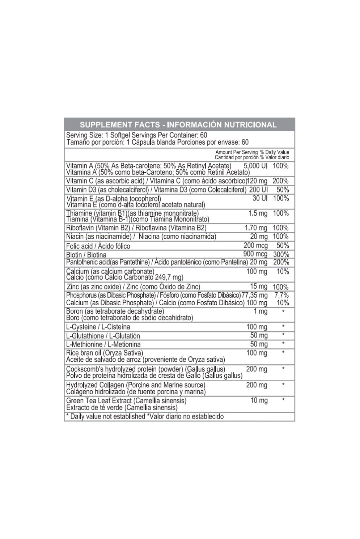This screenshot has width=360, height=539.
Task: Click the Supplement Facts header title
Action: (x=178, y=125)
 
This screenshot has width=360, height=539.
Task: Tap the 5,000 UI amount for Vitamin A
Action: (x=255, y=166)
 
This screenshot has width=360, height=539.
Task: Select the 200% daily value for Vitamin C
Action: (x=280, y=181)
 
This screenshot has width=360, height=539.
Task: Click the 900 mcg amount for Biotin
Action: (x=255, y=254)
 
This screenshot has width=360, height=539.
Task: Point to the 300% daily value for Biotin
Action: (x=281, y=254)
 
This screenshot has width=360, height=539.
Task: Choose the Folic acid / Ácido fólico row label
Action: (x=98, y=246)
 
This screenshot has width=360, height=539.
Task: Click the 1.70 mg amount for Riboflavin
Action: (x=256, y=228)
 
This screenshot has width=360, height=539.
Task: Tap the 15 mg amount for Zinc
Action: (x=259, y=287)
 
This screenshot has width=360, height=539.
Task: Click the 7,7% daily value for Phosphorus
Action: (x=282, y=295)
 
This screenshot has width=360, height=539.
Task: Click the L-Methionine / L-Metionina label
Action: (x=103, y=344)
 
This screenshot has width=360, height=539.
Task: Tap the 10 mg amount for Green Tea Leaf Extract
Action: (x=259, y=400)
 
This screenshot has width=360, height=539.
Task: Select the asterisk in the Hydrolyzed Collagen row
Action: (x=283, y=385)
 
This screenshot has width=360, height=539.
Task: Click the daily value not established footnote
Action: (x=145, y=416)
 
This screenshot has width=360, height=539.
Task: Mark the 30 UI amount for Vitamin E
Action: (x=260, y=198)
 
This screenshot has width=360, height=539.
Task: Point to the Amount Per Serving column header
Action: (x=236, y=152)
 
